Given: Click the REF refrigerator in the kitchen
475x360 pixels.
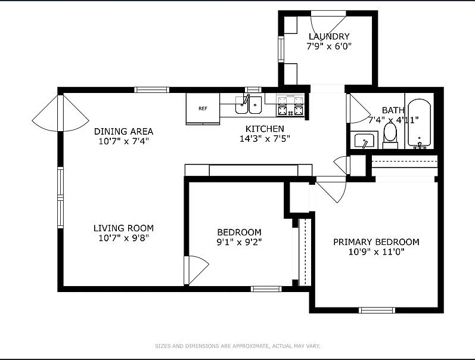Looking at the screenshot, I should coord(203,108).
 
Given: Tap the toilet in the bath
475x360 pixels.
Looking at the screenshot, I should coord(390,135).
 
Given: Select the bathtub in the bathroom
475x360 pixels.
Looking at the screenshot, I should coord(419,124).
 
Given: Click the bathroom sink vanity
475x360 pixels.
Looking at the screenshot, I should coord(363,141).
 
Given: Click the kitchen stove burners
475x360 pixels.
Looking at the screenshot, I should coord(290,105).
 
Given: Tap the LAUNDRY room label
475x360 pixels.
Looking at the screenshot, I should coord(328,36).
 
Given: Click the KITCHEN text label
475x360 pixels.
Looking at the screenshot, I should coord(265,129).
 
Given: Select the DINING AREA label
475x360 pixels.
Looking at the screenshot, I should coord(123,131).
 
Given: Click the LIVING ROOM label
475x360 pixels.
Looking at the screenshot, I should coord(123,228).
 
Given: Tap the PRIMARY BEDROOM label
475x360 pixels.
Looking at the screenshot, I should coord(375,242).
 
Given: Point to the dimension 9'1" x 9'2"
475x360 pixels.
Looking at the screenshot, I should coord(239,242).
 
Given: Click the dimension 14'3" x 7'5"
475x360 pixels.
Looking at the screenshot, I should coord(265,139).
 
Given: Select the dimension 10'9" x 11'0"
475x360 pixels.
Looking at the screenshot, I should coord(375,252).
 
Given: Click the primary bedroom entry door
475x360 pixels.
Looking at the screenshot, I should coord(331,190).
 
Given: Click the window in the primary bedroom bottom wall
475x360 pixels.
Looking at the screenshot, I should coord(377,309).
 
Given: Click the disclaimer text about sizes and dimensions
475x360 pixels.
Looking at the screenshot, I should coord(237,346).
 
